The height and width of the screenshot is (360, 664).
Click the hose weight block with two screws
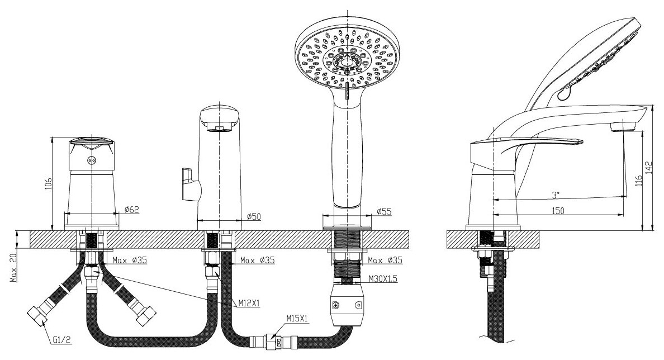pos(345,304)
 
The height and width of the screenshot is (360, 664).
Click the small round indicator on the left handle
pos(92,159)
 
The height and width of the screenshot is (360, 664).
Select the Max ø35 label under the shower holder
pos(385,260)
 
